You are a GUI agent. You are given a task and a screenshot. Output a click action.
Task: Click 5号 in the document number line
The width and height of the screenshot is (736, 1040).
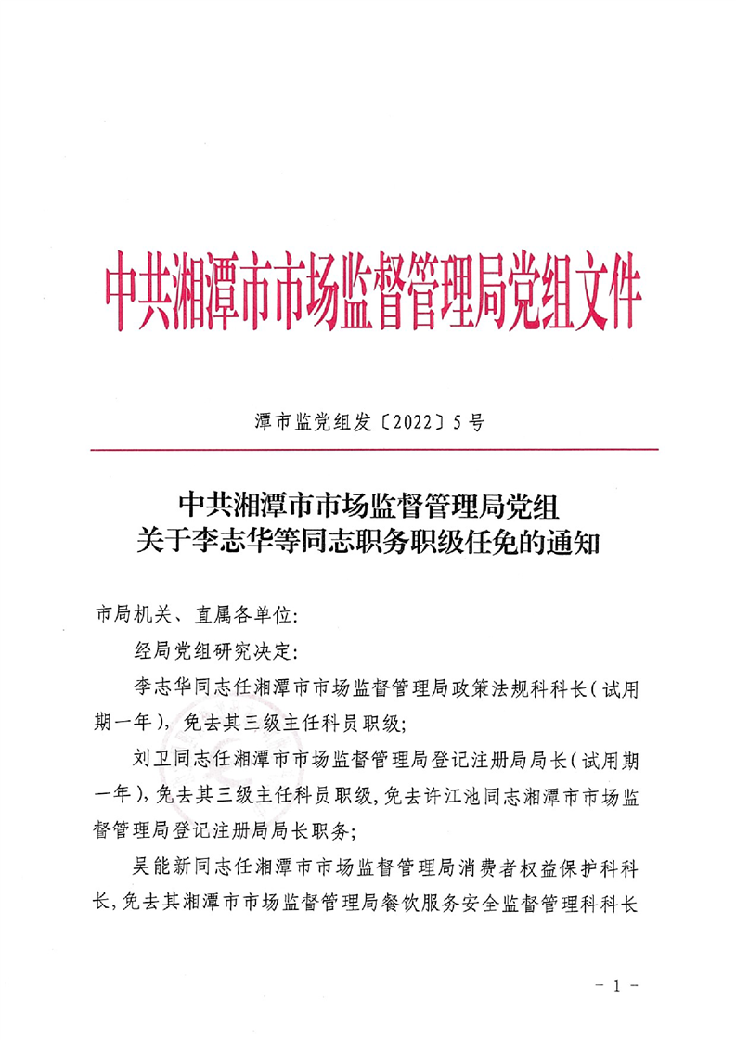(469, 423)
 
